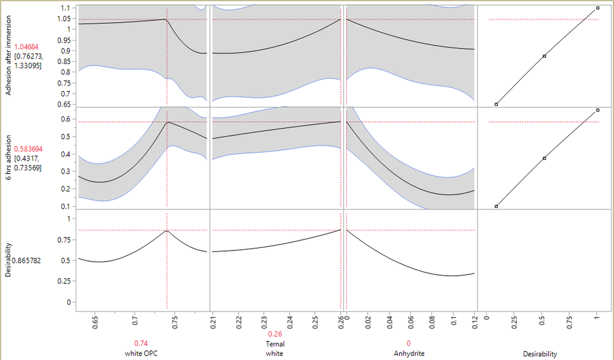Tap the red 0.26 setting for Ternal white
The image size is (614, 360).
pyautogui.click(x=275, y=334)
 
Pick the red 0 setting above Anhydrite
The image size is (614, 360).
pyautogui.click(x=409, y=343)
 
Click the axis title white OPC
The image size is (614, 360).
pyautogui.click(x=142, y=354)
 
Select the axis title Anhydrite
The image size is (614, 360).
pyautogui.click(x=409, y=354)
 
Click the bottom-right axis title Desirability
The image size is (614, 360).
pyautogui.click(x=540, y=354)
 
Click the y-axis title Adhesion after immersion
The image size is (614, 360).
pyautogui.click(x=7, y=55)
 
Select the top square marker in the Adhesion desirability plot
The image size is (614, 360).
pyautogui.click(x=597, y=8)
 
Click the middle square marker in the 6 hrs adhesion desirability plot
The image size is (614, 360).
pyautogui.click(x=544, y=158)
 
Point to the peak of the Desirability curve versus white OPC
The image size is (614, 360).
pyautogui.click(x=167, y=231)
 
